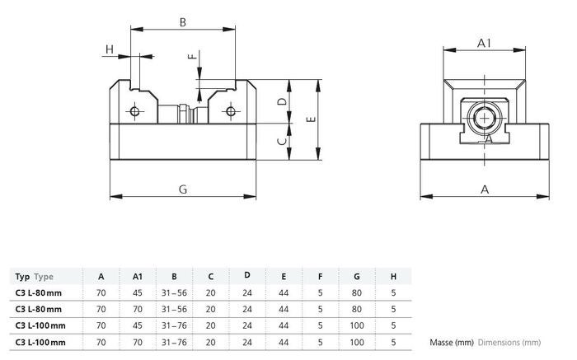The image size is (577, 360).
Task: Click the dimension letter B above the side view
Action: tap(182, 22)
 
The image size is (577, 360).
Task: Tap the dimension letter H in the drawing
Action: tap(110, 49)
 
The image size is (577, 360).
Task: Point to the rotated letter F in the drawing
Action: tap(192, 56)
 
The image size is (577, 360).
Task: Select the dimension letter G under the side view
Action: tap(183, 189)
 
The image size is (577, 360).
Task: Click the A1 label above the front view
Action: tap(485, 44)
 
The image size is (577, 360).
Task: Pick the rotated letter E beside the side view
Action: tap(311, 119)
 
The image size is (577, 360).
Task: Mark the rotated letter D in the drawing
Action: tap(282, 101)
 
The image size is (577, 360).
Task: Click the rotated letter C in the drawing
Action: tap(282, 141)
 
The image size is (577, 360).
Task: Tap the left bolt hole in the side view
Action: tap(134, 110)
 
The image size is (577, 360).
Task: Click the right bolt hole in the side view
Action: tap(231, 110)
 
